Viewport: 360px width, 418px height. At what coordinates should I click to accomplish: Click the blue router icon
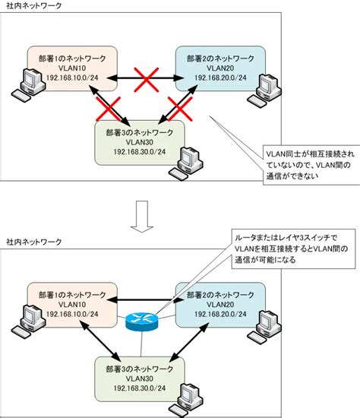[141, 321]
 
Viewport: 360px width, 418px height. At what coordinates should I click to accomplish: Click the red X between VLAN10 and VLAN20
[147, 80]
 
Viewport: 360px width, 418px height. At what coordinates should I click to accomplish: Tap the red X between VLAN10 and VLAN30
[109, 109]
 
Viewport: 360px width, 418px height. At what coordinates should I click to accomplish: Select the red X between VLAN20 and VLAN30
[180, 109]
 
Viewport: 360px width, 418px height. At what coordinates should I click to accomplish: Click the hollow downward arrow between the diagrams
[142, 217]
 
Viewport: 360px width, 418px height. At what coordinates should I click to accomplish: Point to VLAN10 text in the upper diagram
[72, 68]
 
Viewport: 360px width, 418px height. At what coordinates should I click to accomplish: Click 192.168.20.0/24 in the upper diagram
[220, 78]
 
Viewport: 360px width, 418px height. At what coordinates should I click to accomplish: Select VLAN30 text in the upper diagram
[139, 142]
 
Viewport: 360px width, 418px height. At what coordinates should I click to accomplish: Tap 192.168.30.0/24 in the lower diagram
[139, 388]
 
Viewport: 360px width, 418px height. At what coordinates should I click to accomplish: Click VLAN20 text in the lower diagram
[220, 305]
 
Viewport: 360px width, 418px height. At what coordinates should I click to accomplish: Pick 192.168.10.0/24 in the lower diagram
[72, 314]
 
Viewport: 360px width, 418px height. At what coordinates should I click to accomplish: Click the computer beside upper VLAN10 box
[28, 85]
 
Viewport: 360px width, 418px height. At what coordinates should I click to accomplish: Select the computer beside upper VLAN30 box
[186, 163]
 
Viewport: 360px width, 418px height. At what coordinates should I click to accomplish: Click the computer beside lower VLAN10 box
[28, 321]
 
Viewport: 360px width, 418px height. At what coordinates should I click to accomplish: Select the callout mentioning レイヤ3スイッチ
[293, 249]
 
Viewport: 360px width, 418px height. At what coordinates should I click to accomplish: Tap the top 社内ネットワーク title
[34, 5]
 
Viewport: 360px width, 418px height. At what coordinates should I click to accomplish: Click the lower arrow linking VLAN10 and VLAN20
[146, 300]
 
